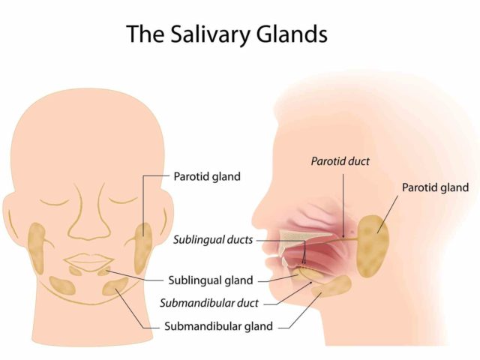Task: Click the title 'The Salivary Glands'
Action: click(x=226, y=34)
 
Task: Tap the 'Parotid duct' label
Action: click(x=340, y=161)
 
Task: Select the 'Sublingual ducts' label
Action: click(x=213, y=240)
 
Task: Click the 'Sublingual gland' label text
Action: click(x=211, y=280)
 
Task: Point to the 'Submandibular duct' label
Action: click(x=209, y=303)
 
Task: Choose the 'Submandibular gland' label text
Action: click(x=218, y=326)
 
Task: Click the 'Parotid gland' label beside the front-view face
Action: click(x=207, y=177)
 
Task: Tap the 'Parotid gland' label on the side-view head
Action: click(x=435, y=187)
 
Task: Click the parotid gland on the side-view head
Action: click(x=373, y=247)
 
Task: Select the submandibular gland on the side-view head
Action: click(x=331, y=286)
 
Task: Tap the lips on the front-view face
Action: click(x=88, y=262)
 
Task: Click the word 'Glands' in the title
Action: click(x=292, y=34)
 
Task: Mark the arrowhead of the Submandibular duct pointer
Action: click(x=311, y=283)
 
